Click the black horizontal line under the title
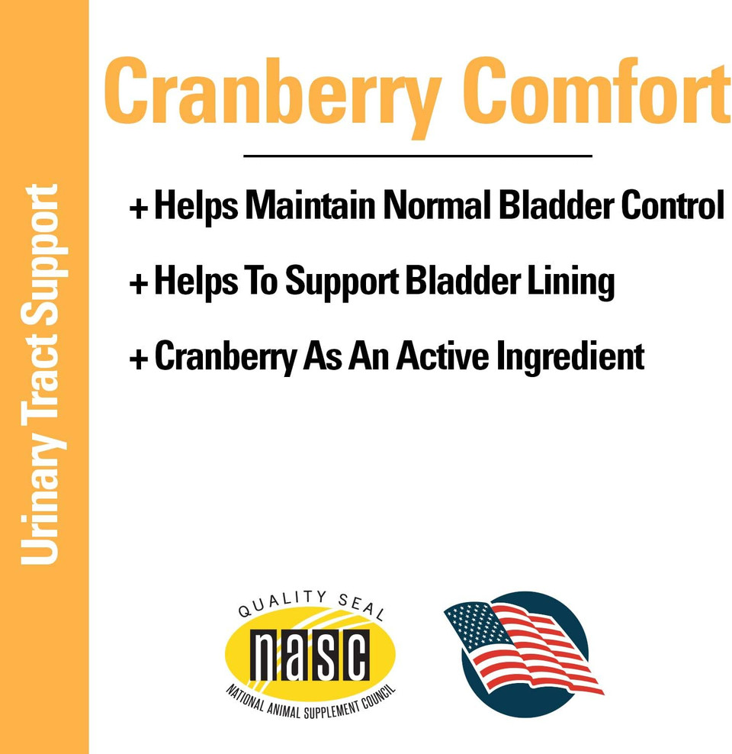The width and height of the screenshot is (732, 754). (417, 156)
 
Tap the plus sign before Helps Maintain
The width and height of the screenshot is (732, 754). (138, 208)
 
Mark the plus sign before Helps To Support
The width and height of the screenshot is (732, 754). (138, 284)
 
